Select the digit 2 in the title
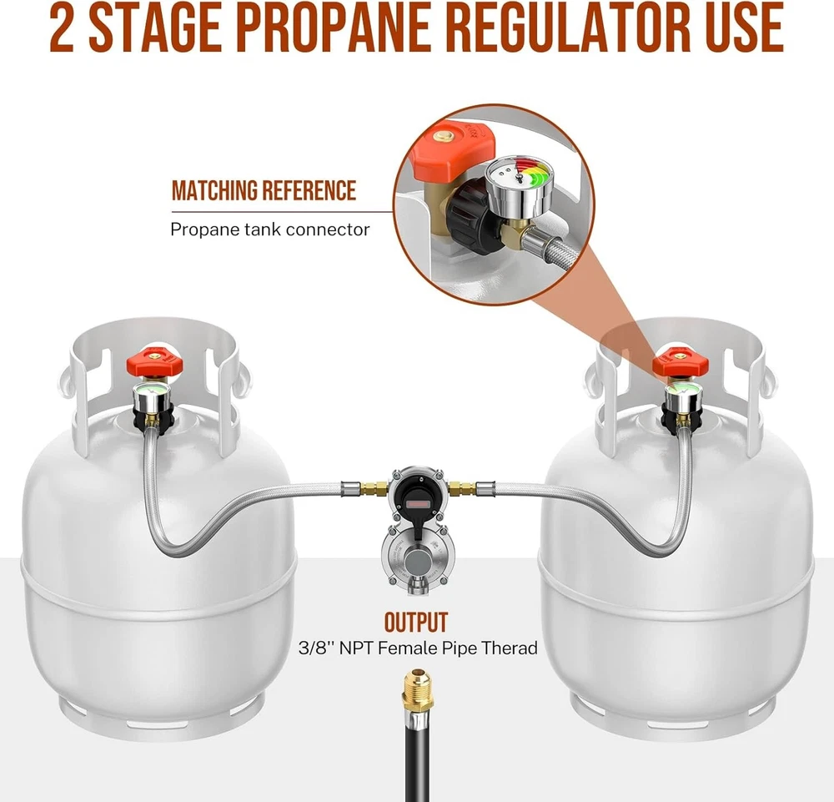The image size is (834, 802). tap(63, 28)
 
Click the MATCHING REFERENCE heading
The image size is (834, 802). tap(264, 190)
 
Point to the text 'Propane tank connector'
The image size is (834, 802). tap(269, 230)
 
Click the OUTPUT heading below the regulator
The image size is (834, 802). tap(416, 622)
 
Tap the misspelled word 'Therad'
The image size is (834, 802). tap(509, 648)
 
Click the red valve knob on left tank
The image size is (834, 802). tap(155, 363)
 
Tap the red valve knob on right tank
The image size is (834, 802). tap(681, 363)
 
